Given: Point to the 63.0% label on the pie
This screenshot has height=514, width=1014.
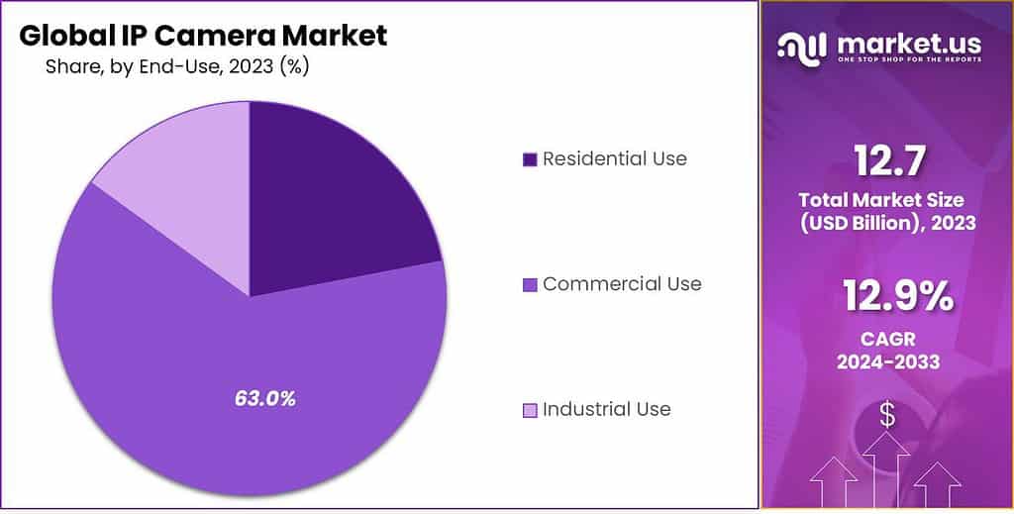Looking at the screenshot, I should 265,399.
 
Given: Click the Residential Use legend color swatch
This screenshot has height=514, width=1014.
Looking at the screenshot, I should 530,159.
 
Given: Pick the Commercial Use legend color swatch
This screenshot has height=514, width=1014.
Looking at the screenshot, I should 530,285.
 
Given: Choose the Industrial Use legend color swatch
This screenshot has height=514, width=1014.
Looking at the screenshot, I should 530,410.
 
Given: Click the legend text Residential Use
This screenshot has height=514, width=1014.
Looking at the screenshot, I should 614,158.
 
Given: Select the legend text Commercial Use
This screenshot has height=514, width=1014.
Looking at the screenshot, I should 622,284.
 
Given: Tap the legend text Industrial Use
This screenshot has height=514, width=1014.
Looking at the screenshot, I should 606,409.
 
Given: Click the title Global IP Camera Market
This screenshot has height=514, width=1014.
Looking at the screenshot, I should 203,36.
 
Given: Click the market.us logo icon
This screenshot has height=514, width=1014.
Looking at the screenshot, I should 801,46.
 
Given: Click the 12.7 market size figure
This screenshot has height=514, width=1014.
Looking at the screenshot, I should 887,161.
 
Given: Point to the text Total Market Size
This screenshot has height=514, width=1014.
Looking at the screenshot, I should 888,201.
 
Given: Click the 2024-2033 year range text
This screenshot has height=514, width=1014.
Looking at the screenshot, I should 888,361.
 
